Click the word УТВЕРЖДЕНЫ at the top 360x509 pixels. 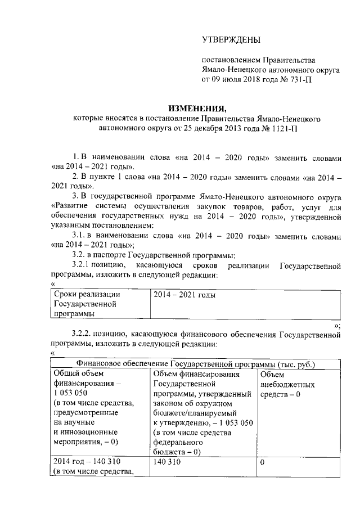(231, 39)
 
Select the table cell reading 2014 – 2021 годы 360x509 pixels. (184, 294)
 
